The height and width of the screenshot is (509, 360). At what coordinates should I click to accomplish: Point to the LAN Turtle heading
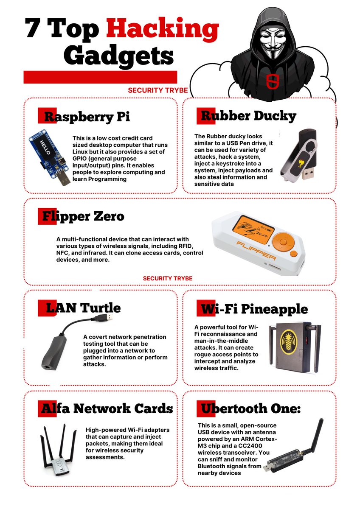[79, 307]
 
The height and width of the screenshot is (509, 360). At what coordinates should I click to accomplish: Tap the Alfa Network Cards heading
[107, 408]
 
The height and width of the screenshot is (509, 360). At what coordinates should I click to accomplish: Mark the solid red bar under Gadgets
[100, 77]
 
